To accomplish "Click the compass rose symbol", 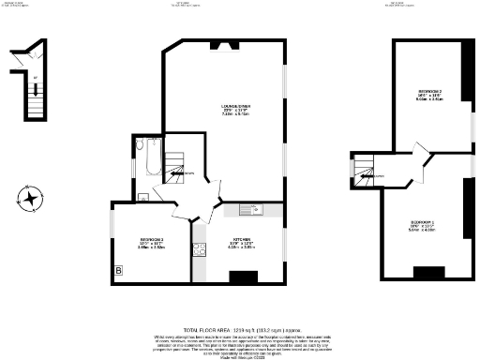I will pos(31,198).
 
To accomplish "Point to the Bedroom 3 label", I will pos(151,242).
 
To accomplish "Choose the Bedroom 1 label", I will pos(421,226).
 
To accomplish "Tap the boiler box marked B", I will pos(118,272).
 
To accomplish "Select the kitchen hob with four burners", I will pos(199,249).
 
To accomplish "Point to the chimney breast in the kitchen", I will pos(244,277).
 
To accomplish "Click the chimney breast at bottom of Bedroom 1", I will pos(428,273).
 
